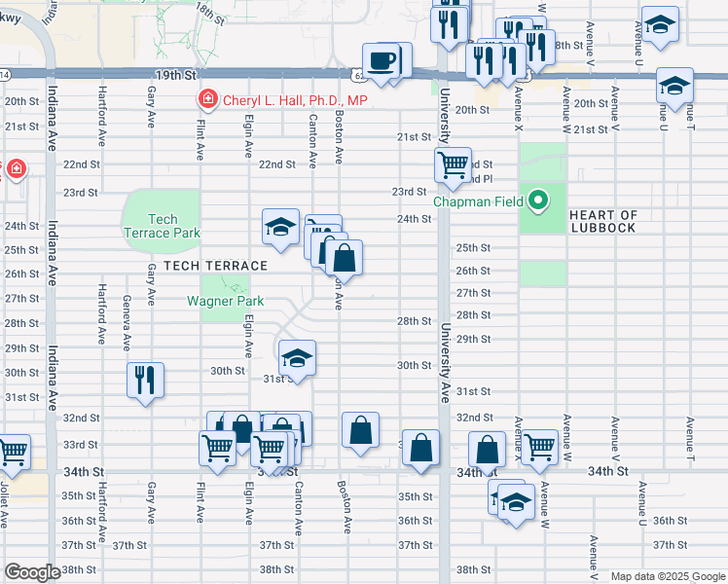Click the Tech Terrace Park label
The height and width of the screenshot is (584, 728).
coord(162,226)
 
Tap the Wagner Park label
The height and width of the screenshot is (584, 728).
coord(218,301)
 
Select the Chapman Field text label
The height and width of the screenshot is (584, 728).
coord(480,202)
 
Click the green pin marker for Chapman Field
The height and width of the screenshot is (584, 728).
coord(535,202)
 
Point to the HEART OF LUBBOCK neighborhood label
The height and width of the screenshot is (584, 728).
coord(602,221)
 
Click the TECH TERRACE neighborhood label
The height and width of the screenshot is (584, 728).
coord(215,266)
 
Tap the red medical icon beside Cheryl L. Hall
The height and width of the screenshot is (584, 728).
coord(206,99)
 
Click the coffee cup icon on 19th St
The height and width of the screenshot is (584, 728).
coord(382,61)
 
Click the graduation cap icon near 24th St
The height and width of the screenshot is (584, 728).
coord(280,229)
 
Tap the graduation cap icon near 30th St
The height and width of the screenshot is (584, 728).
coord(297,357)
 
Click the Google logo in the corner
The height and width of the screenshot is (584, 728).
coord(32,572)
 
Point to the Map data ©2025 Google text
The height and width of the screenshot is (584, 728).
coord(667,576)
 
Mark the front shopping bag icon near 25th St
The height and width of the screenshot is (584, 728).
coord(344,258)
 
